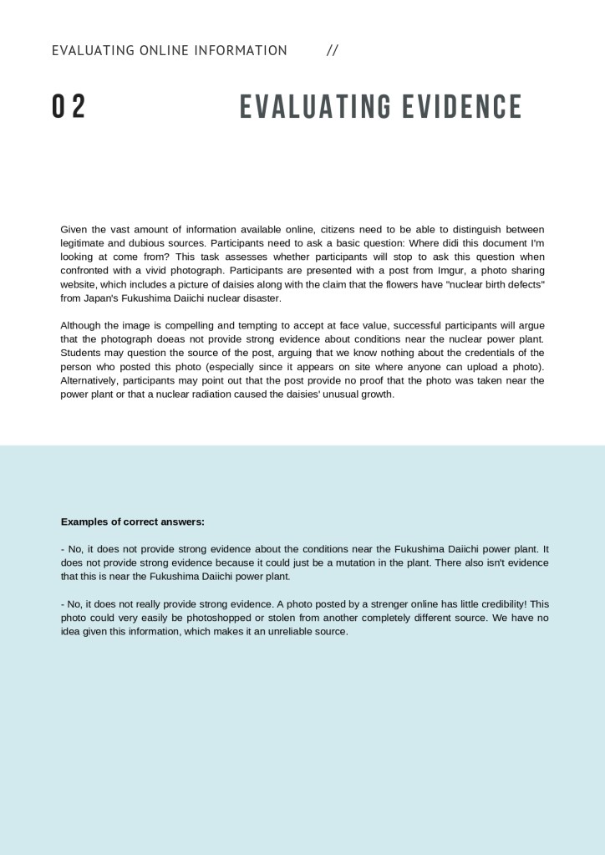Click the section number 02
[69, 107]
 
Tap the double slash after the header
[333, 50]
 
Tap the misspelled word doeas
[184, 338]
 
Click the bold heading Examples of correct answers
[133, 522]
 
